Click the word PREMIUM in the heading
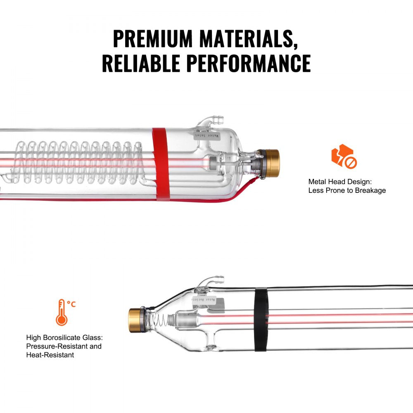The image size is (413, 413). pyautogui.click(x=152, y=39)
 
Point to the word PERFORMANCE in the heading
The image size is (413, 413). pyautogui.click(x=248, y=63)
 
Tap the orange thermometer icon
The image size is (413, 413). pyautogui.click(x=62, y=312)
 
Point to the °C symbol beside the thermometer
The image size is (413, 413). pyautogui.click(x=72, y=304)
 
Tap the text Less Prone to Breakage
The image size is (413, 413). pyautogui.click(x=347, y=190)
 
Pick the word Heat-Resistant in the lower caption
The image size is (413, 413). pyautogui.click(x=50, y=355)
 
